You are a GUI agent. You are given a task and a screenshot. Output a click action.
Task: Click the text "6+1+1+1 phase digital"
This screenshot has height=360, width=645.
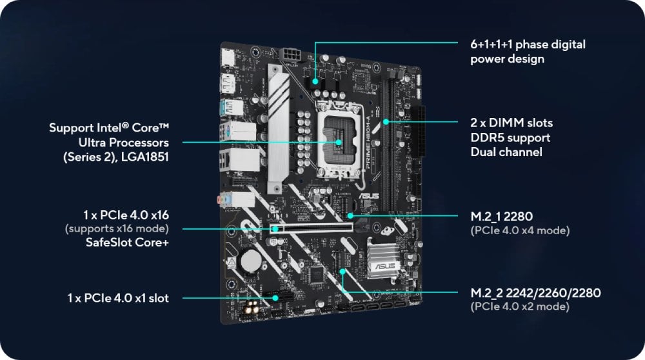(x=528, y=45)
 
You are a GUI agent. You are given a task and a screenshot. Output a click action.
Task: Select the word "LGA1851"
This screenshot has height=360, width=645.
(x=144, y=157)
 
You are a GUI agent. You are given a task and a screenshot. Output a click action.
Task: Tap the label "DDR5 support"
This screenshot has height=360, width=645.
(x=510, y=138)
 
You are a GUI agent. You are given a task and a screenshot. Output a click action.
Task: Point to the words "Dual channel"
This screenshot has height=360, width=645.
(x=506, y=152)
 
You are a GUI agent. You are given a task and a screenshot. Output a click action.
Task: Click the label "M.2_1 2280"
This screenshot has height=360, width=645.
(x=501, y=216)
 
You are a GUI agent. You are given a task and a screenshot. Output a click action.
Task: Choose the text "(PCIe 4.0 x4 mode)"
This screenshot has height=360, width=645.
(x=520, y=230)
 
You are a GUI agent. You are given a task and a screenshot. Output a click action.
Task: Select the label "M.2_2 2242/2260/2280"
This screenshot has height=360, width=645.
(x=535, y=293)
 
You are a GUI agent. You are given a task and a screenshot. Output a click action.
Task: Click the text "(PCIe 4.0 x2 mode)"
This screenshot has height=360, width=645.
(x=520, y=306)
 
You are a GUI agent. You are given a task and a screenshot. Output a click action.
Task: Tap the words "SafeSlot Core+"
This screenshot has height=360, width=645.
(x=127, y=243)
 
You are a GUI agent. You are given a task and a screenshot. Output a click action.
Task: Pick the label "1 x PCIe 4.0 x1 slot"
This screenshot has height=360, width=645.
(x=118, y=298)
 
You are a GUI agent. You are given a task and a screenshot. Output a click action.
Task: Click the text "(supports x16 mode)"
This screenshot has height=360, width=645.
(x=117, y=228)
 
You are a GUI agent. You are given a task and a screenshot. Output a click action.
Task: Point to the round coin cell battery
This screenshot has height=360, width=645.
(x=250, y=261)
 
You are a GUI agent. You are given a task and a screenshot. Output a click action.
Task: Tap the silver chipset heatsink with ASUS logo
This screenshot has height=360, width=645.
(x=382, y=259)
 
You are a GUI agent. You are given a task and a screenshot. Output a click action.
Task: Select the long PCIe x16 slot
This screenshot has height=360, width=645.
(x=312, y=228)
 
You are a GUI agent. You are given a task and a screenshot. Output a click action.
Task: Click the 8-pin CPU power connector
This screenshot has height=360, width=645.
(x=290, y=55)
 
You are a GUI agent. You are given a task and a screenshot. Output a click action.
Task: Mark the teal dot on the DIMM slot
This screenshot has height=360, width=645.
(x=386, y=122)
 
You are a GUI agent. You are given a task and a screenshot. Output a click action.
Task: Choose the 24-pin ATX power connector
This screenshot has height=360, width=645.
(x=417, y=131)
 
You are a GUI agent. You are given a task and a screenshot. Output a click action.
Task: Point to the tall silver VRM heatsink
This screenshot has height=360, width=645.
(x=279, y=128)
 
